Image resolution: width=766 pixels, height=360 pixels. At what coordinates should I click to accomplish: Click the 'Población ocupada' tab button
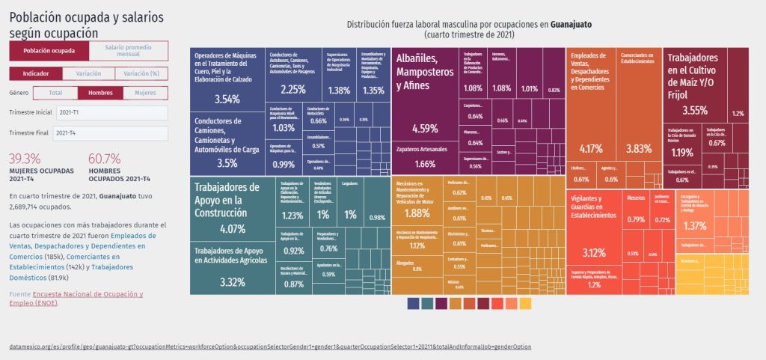[49, 51]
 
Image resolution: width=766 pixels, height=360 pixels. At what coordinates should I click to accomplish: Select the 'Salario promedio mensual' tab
[128, 51]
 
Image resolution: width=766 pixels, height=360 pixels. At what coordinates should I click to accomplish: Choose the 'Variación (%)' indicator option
[141, 73]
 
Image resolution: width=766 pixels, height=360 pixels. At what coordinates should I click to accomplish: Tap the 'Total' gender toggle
[55, 93]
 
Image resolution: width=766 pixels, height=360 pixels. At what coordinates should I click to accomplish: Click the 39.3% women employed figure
[25, 159]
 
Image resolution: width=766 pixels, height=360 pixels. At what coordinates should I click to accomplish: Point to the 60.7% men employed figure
[105, 159]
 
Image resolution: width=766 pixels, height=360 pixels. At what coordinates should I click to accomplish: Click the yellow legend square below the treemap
[525, 304]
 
